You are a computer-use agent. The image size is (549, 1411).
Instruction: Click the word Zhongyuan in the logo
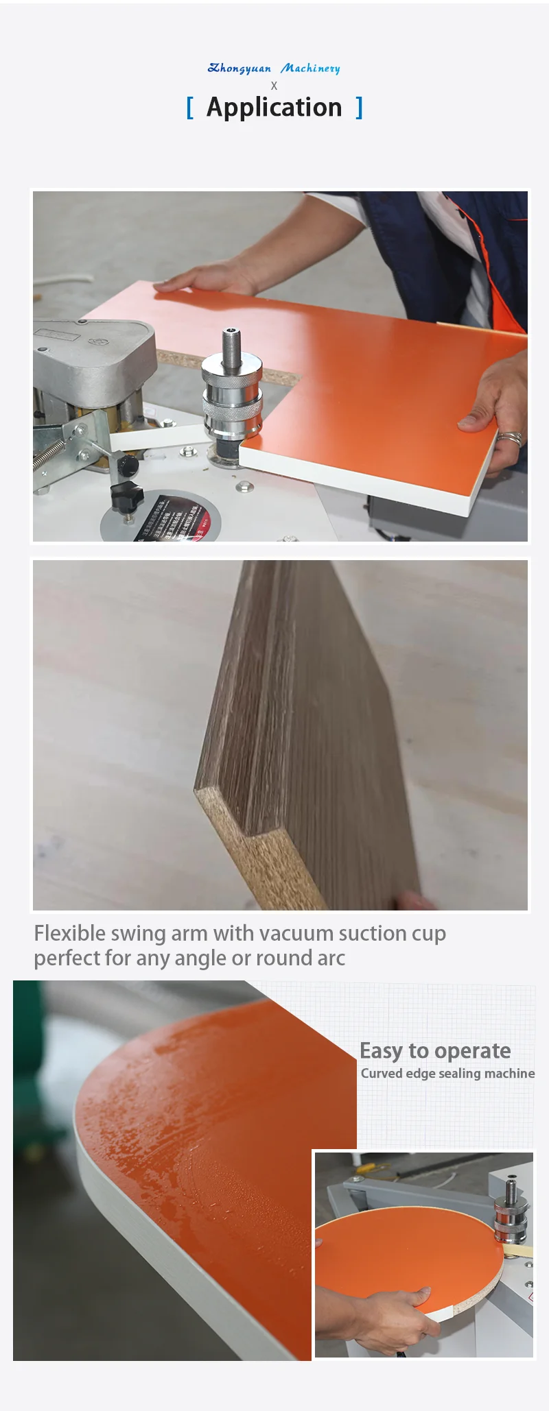pos(239,68)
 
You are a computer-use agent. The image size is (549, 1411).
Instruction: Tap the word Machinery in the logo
pos(310,68)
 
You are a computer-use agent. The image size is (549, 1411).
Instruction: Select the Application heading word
pos(274,108)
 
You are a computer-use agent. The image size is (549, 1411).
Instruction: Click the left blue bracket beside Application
pos(190,108)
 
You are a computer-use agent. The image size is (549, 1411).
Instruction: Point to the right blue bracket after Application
pos(359,108)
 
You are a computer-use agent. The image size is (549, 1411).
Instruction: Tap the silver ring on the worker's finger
pos(510,437)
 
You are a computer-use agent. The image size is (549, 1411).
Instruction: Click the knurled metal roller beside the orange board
pos(231,408)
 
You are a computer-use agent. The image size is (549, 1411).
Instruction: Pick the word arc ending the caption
pos(331,958)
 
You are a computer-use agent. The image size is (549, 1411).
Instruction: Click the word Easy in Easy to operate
pos(381,1051)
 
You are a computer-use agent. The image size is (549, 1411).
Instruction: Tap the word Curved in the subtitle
pos(382,1074)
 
